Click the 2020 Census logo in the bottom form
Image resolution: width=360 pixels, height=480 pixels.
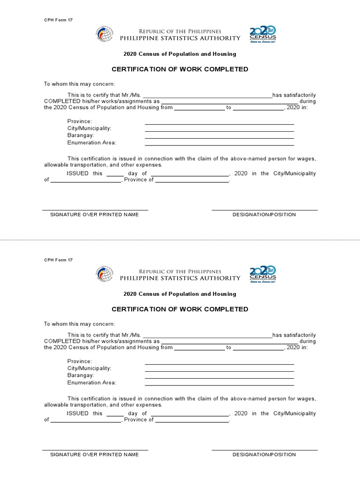click(262, 274)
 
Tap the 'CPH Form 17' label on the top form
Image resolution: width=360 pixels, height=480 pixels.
click(59, 20)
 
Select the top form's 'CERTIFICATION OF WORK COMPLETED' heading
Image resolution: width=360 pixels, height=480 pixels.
click(180, 69)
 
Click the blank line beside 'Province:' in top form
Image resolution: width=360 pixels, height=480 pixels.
click(219, 124)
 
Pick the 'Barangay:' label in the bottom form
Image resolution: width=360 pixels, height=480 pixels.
click(81, 375)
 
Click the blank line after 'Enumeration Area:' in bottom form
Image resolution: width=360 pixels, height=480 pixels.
click(219, 385)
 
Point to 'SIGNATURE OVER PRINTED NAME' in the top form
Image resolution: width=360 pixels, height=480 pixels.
click(94, 215)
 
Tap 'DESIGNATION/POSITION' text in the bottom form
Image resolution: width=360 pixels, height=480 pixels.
click(264, 455)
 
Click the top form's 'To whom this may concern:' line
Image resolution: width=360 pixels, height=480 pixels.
click(79, 84)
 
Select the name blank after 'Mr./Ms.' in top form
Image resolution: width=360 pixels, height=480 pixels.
click(207, 97)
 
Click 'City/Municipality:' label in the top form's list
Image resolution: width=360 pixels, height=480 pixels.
click(89, 128)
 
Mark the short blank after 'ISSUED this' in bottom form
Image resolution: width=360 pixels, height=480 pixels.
click(115, 416)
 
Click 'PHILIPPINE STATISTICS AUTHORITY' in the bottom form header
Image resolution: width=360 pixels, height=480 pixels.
click(180, 278)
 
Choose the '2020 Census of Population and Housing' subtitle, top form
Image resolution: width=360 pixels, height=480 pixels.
click(180, 54)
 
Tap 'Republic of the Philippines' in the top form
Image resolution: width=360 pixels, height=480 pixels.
click(180, 31)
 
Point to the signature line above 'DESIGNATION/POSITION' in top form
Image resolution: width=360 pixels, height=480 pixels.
click(264, 210)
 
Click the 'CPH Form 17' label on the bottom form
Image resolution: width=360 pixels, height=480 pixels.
click(59, 260)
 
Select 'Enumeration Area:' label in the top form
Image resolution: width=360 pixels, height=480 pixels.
click(91, 142)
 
